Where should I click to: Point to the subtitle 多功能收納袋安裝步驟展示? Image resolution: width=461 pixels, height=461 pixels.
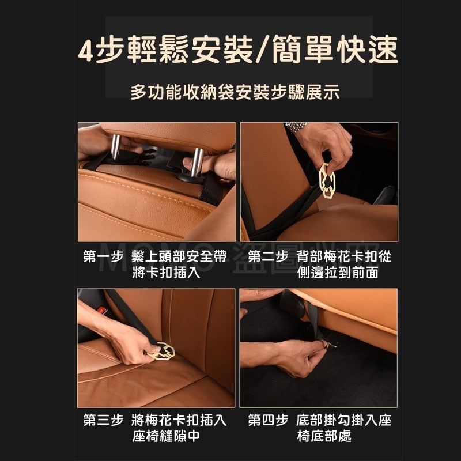click(x=235, y=93)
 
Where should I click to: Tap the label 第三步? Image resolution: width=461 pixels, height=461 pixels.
click(x=103, y=420)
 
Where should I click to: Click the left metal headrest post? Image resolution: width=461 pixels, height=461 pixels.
click(x=115, y=146)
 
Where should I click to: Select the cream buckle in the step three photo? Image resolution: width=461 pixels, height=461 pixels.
click(x=163, y=350)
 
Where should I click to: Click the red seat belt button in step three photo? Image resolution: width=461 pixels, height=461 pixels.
click(x=102, y=310)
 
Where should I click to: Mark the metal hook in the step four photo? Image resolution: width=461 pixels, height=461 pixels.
click(x=329, y=345)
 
